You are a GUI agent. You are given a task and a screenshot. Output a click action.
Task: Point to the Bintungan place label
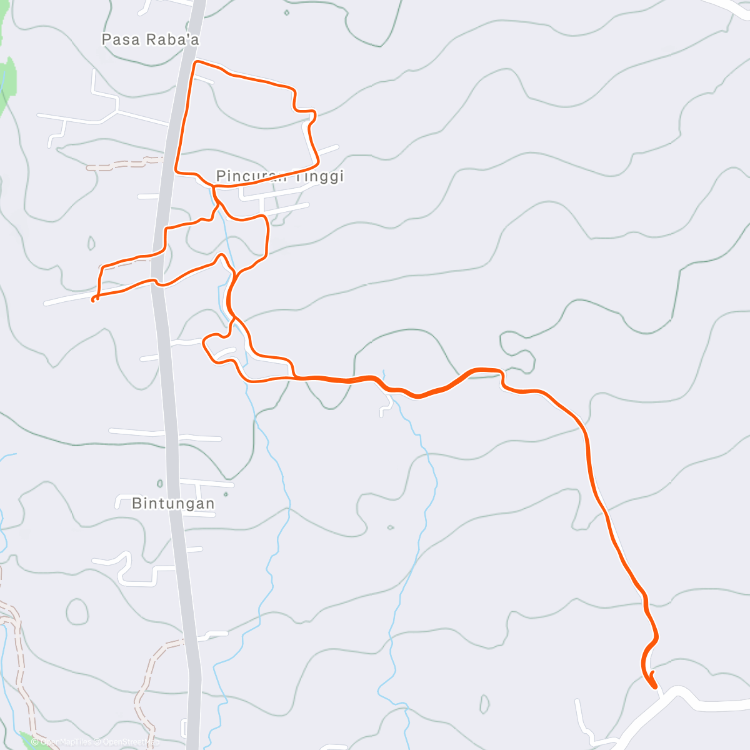tap(173, 503)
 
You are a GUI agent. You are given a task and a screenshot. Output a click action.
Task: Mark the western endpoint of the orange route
tap(93, 301)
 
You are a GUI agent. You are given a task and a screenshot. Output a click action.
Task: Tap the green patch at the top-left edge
tap(8, 81)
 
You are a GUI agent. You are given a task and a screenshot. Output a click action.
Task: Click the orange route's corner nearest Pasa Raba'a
tap(196, 63)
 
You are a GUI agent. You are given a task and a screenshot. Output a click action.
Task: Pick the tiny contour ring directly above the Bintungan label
tap(160, 483)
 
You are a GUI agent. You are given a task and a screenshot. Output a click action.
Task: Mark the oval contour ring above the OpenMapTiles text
tap(77, 611)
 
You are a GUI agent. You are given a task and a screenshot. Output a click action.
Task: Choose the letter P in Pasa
tap(106, 40)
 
